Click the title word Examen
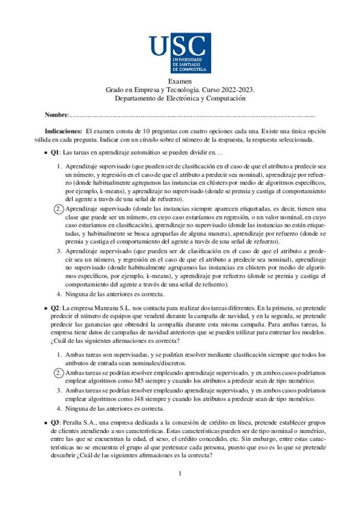pos(180,81)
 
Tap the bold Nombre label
pos(56,114)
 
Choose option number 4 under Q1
pos(59,294)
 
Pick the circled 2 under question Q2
pos(58,373)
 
